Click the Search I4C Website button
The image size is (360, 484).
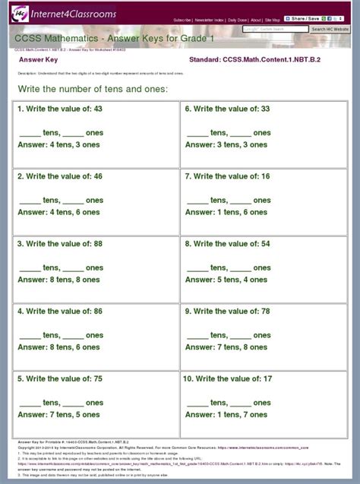tap(330, 29)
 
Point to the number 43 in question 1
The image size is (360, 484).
tap(98, 109)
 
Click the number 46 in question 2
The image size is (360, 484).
tap(98, 176)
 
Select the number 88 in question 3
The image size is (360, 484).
tap(98, 244)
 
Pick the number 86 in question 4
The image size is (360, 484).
tap(98, 311)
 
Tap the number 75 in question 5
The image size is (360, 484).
tap(98, 378)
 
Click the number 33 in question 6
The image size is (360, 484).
tap(265, 109)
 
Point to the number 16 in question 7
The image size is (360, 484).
tap(265, 176)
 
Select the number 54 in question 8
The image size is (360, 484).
tap(265, 244)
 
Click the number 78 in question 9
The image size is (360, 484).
tap(265, 311)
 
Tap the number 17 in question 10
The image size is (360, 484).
tap(267, 378)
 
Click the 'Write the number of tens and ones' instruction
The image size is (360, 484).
tap(92, 90)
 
